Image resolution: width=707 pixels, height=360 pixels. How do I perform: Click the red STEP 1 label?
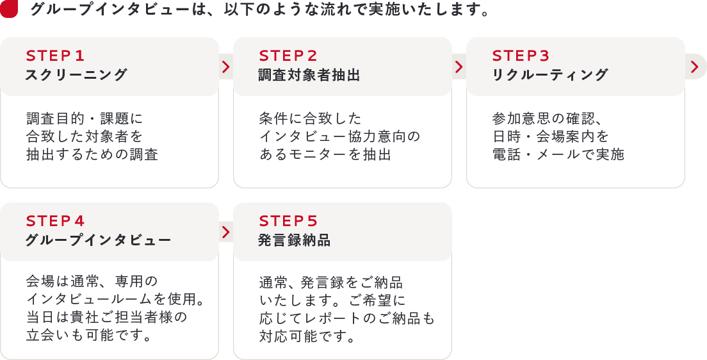55,56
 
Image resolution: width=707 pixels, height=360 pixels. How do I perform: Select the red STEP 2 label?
288,56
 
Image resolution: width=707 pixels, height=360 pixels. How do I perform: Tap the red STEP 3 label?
521,56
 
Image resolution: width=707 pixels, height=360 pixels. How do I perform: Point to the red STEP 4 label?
55,221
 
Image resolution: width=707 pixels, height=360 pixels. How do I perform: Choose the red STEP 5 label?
288,221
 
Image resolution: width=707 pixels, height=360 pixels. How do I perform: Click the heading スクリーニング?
76,75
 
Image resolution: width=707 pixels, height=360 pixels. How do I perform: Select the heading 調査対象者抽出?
309,75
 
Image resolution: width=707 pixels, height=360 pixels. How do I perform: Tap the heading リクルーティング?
549,75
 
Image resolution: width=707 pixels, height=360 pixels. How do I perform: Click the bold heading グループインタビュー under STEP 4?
98,241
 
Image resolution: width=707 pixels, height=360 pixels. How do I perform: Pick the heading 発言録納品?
295,241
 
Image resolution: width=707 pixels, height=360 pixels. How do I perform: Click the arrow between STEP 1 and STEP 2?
225,67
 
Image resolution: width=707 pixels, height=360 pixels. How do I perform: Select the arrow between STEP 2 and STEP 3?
459,67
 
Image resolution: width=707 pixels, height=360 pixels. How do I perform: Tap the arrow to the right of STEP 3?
695,67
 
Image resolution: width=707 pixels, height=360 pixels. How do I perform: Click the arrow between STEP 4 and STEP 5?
225,232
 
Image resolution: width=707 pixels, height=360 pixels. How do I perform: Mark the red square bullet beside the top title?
8,9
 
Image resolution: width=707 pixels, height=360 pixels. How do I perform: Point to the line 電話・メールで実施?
558,154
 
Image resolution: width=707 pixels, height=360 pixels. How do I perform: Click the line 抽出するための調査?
92,154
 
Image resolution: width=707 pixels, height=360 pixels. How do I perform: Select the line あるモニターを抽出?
325,154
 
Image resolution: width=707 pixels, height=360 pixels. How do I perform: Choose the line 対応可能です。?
307,336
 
